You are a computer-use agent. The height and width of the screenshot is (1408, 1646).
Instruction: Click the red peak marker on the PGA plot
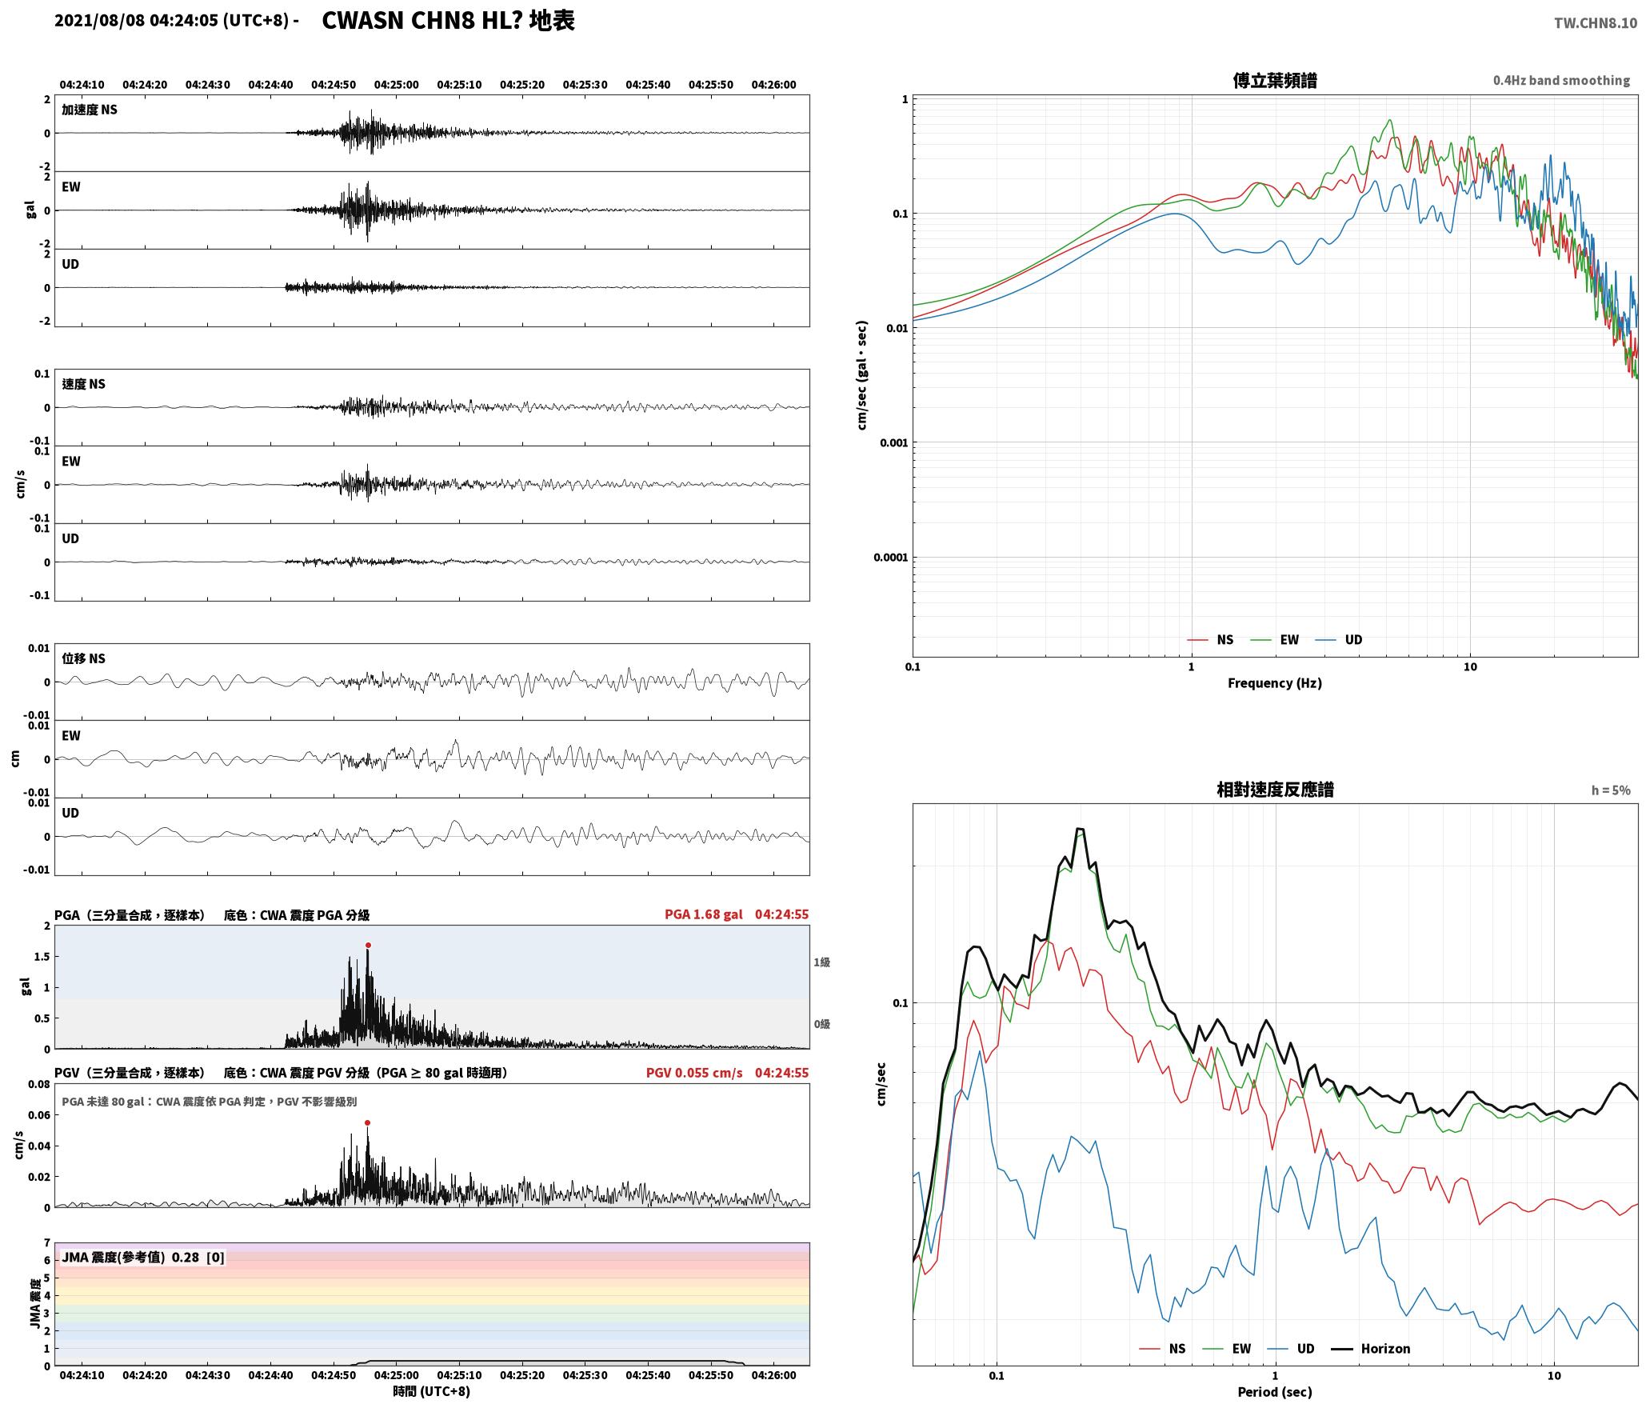(x=368, y=946)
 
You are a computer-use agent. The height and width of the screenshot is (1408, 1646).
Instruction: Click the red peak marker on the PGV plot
(x=367, y=1123)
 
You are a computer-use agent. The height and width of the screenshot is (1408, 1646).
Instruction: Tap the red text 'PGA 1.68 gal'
(x=703, y=914)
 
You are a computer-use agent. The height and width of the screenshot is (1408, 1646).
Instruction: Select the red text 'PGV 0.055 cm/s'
(x=694, y=1073)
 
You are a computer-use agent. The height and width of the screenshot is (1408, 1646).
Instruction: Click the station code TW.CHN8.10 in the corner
(x=1596, y=23)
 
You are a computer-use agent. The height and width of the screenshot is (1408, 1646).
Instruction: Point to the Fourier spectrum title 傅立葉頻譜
(x=1275, y=81)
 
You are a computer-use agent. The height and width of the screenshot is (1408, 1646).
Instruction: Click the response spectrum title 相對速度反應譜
(x=1275, y=790)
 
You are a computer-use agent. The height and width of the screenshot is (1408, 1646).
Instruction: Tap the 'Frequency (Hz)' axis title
(x=1275, y=683)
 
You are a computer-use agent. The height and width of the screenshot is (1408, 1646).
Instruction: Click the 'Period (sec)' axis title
(x=1275, y=1392)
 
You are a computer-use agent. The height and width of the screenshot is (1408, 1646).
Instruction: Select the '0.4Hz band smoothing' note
(x=1561, y=81)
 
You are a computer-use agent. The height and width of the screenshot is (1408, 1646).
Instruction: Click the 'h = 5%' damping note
(x=1611, y=790)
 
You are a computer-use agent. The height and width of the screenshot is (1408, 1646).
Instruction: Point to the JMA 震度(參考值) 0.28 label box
(x=143, y=1258)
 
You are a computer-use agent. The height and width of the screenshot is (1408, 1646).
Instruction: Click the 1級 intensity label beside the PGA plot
(x=822, y=962)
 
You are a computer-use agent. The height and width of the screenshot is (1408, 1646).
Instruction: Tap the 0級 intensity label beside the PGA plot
(x=822, y=1024)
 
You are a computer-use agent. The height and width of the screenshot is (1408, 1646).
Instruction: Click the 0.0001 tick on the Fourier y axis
(x=890, y=558)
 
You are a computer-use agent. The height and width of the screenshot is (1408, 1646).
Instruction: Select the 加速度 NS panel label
(x=90, y=110)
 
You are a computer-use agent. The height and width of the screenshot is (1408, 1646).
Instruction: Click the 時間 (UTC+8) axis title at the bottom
(x=432, y=1391)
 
